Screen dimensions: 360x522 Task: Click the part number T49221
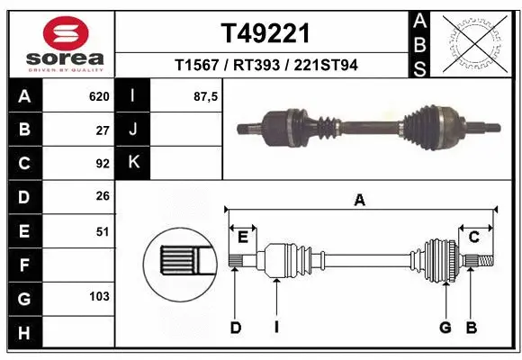pyautogui.click(x=265, y=33)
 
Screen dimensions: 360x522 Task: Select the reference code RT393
pyautogui.click(x=265, y=66)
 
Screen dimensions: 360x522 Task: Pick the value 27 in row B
pyautogui.click(x=102, y=130)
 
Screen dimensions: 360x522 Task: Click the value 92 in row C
pyautogui.click(x=102, y=164)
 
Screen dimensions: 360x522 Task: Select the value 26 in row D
pyautogui.click(x=102, y=197)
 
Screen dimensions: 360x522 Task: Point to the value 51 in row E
pyautogui.click(x=102, y=231)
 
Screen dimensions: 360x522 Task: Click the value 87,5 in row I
pyautogui.click(x=206, y=96)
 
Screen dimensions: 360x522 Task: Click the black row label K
pyautogui.click(x=134, y=163)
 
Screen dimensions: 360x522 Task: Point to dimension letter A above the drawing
pyautogui.click(x=360, y=201)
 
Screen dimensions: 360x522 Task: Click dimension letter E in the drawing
pyautogui.click(x=243, y=237)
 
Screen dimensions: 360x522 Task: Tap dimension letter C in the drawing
pyautogui.click(x=473, y=237)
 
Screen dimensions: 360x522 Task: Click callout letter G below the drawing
pyautogui.click(x=445, y=328)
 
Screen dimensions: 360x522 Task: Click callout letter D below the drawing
pyautogui.click(x=235, y=328)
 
